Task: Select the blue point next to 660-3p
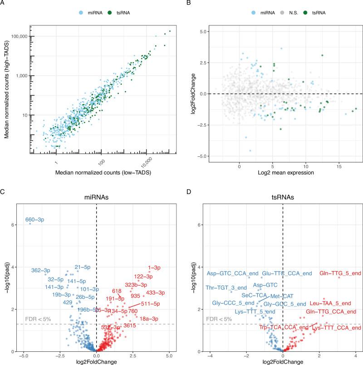30,223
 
